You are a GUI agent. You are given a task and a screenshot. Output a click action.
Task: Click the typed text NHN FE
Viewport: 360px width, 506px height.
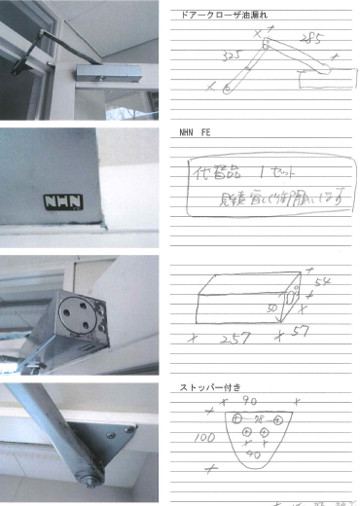pyautogui.click(x=196, y=131)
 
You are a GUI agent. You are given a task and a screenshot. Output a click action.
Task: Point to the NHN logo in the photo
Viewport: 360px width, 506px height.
pyautogui.click(x=61, y=203)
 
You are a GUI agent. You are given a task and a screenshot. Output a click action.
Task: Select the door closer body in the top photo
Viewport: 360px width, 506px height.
pyautogui.click(x=107, y=73)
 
